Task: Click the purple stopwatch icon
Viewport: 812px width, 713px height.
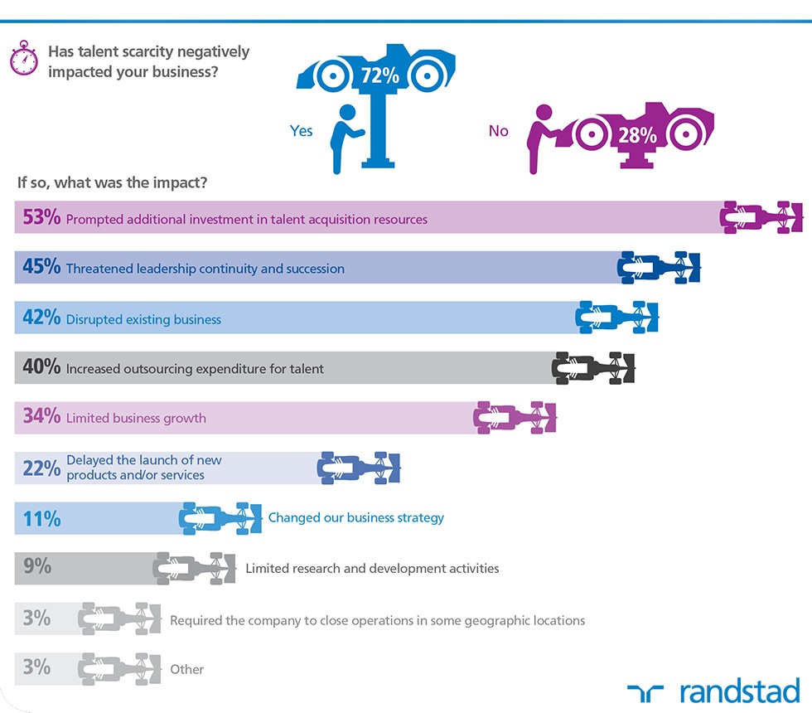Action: (24, 58)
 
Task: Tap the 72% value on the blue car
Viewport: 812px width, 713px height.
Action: (380, 75)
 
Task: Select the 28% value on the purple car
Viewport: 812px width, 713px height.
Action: (637, 135)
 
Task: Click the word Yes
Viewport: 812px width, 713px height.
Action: (301, 131)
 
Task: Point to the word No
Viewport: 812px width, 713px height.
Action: (498, 131)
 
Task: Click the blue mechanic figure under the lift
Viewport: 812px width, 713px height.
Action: (346, 139)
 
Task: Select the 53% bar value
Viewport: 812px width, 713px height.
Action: (41, 217)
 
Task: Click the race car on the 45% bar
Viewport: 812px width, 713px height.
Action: (659, 267)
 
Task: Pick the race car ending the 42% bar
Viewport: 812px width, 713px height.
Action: (616, 317)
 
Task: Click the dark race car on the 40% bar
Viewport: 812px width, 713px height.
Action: (593, 368)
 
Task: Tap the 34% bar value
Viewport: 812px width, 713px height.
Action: (41, 415)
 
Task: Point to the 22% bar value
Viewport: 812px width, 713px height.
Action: (41, 468)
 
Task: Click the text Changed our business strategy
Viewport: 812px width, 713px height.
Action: (355, 517)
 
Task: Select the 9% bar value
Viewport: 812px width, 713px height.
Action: (36, 565)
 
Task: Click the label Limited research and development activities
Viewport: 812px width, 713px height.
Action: (372, 569)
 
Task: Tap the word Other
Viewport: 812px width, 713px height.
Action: (186, 670)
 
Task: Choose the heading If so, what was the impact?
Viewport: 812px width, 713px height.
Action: (112, 182)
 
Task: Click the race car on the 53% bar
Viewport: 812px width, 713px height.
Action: (761, 217)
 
